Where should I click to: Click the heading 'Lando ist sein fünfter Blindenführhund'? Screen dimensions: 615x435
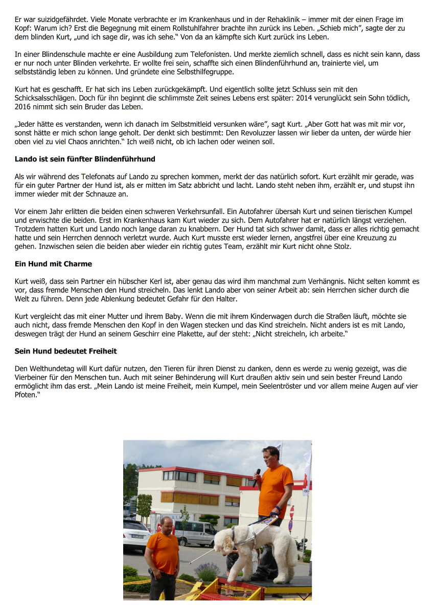tap(85, 159)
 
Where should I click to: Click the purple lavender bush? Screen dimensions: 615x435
tap(208, 571)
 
